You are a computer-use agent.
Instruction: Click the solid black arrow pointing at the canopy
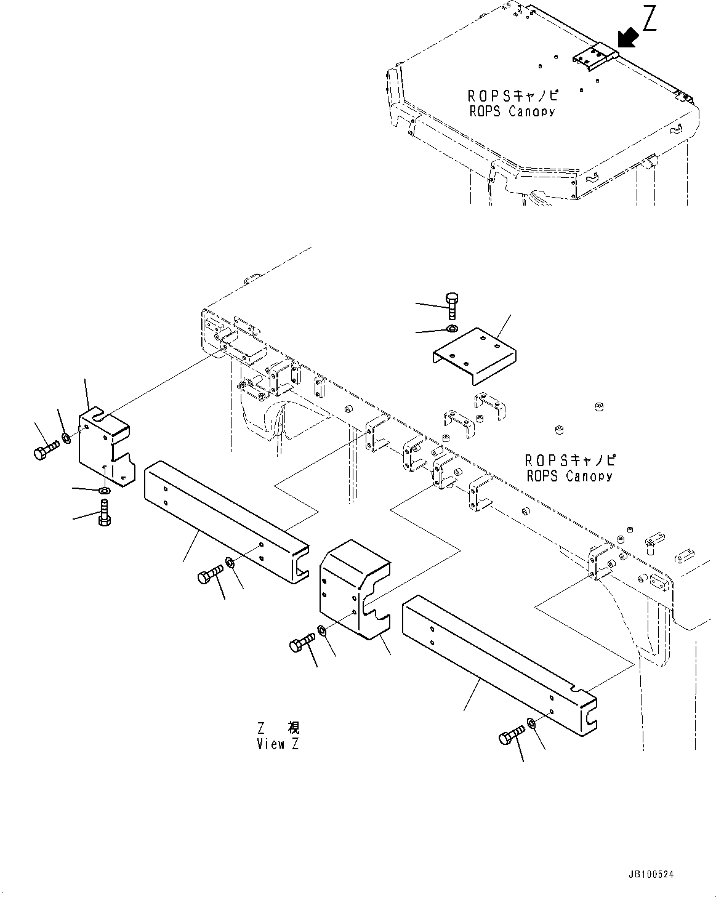tap(627, 39)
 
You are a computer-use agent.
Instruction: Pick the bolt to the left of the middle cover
tap(301, 643)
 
